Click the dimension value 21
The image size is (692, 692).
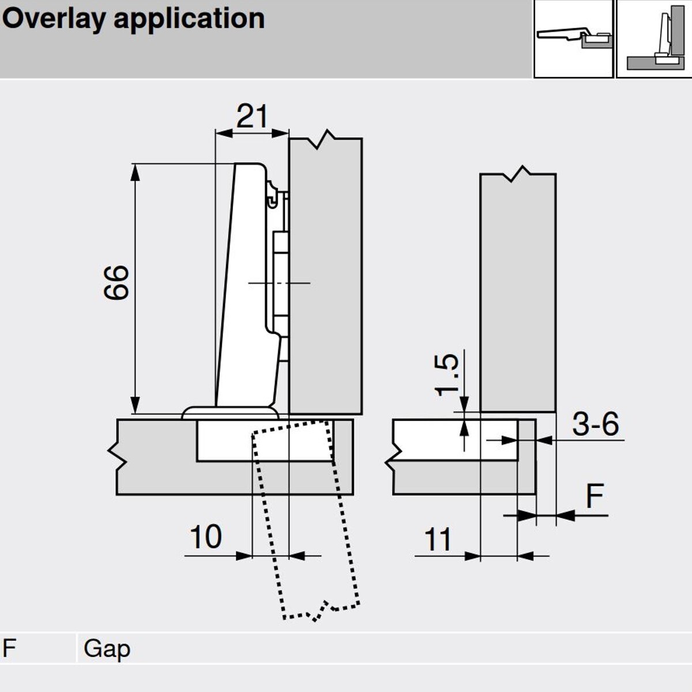[252, 116]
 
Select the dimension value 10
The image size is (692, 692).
[205, 537]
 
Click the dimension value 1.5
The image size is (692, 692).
[447, 374]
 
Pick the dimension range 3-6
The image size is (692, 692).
[595, 424]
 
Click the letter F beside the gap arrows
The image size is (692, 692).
[595, 497]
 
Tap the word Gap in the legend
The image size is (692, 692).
[107, 649]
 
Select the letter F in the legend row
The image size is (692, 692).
[9, 648]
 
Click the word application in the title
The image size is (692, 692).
[189, 19]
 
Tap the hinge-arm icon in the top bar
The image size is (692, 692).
[573, 39]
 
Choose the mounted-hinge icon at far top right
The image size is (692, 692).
[655, 39]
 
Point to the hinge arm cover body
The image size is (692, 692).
[245, 283]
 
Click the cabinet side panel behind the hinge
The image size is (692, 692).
[326, 277]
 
